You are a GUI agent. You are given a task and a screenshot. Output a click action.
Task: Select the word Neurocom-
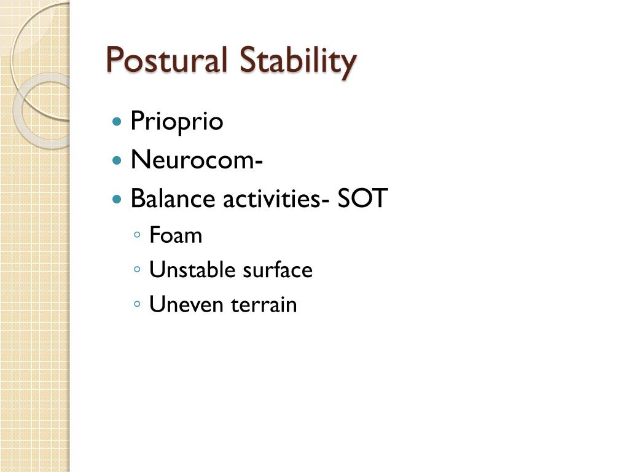[197, 160]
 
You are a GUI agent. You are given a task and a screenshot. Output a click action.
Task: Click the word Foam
[176, 235]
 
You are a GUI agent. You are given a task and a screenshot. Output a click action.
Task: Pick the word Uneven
[187, 304]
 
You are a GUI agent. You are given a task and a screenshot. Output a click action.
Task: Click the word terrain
[264, 304]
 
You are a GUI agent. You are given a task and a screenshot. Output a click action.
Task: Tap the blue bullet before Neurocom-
[117, 160]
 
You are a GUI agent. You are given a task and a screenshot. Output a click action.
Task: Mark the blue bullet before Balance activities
[117, 199]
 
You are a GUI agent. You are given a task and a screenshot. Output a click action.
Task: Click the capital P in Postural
[114, 60]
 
